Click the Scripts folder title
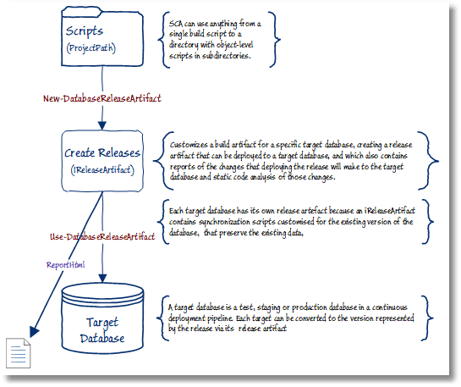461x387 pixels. (x=85, y=31)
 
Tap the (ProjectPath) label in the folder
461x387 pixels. (x=91, y=48)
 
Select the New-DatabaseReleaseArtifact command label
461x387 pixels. (x=102, y=98)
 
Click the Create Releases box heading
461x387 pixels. (x=102, y=152)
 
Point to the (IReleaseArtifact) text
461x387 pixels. (x=102, y=170)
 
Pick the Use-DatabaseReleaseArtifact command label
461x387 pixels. (x=102, y=236)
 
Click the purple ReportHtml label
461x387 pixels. (x=66, y=265)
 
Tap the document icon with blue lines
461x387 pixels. (x=19, y=353)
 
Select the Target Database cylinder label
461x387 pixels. (x=102, y=330)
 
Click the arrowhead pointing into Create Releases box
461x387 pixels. (x=102, y=125)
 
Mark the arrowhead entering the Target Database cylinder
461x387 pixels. (x=102, y=279)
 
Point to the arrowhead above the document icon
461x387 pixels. (x=34, y=332)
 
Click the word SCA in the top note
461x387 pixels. (x=176, y=24)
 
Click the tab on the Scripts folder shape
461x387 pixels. (x=82, y=11)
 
